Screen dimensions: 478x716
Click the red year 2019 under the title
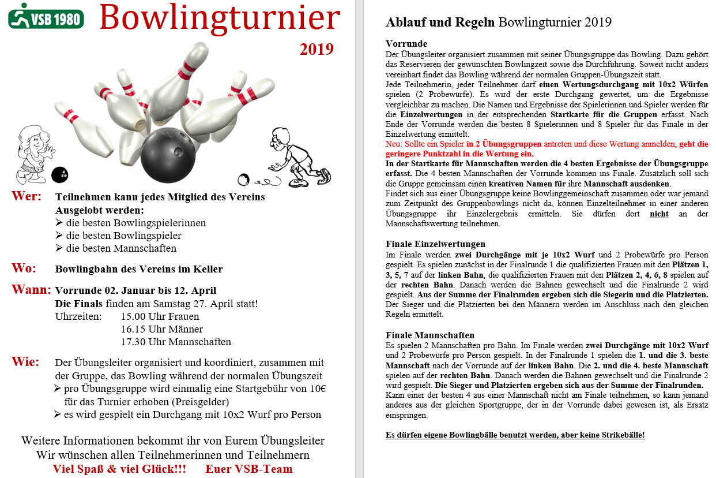[316, 49]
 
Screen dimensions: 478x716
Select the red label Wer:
[27, 196]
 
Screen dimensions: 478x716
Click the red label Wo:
[24, 268]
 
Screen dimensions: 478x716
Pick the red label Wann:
[31, 290]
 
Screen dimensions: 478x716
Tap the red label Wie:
[26, 362]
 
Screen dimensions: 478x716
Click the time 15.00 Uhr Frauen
[160, 316]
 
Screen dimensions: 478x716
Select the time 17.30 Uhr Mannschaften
[176, 342]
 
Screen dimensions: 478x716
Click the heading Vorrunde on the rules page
[406, 44]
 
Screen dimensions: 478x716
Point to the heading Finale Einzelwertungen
[435, 244]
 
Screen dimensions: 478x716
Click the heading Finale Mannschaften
[430, 335]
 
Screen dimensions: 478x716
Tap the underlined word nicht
[659, 214]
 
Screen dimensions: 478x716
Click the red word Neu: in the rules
[394, 144]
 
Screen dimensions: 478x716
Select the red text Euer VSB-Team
[249, 469]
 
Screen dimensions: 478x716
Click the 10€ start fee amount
[318, 389]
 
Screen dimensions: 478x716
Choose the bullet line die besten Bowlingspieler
[124, 236]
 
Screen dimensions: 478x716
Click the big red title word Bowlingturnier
[220, 18]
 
